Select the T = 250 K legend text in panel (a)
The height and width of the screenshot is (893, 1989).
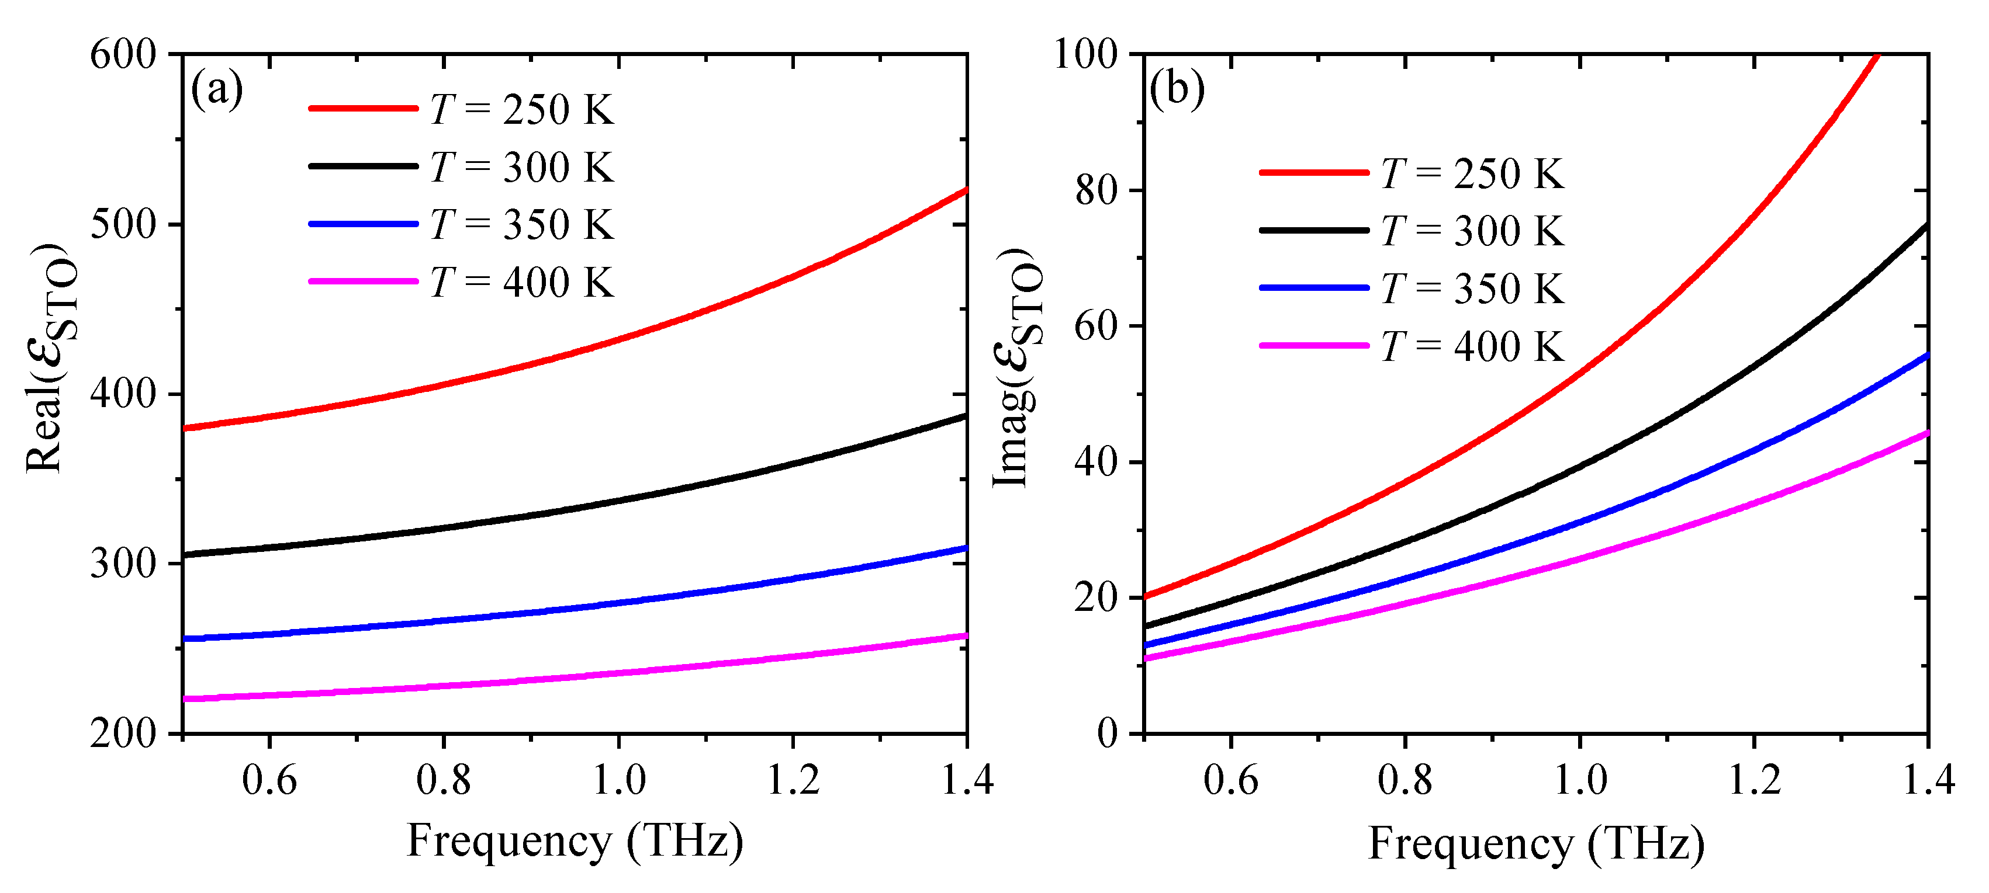tap(522, 110)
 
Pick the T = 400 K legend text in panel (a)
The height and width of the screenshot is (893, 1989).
tap(522, 283)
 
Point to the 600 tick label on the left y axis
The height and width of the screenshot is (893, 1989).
tap(123, 55)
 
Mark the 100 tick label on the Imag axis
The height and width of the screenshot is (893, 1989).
tap(1085, 55)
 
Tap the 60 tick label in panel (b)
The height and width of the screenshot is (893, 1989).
tap(1096, 326)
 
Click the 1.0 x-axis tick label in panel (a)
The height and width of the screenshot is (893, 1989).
tap(618, 780)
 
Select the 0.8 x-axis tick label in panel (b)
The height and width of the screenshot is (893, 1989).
tap(1405, 780)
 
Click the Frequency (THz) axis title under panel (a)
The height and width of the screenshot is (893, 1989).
tap(575, 840)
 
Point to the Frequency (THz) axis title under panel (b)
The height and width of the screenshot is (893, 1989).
tap(1537, 843)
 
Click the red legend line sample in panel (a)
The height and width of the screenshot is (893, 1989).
tap(363, 109)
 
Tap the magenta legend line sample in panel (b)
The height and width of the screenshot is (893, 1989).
tap(1313, 346)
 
